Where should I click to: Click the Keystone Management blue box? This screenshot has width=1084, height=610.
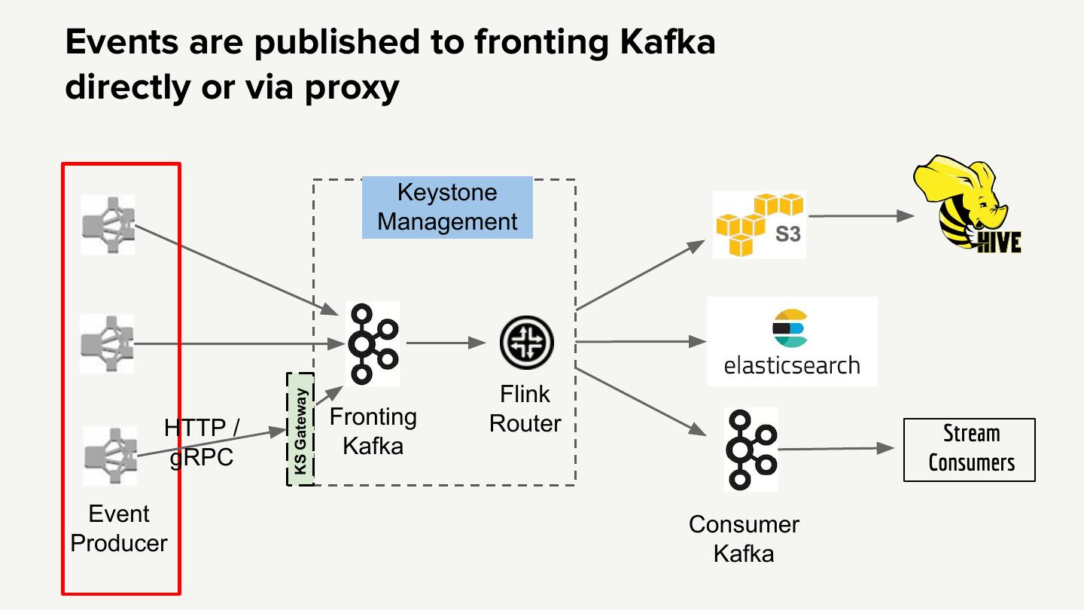[447, 207]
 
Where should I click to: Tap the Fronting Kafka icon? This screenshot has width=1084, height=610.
[373, 343]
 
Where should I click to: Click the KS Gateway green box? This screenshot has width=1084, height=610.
[300, 429]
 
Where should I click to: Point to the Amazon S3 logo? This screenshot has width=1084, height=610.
[759, 225]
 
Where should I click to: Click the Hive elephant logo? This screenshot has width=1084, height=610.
[968, 204]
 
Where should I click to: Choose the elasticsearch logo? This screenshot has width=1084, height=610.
[792, 341]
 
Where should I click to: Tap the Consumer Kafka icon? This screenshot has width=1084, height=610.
[751, 450]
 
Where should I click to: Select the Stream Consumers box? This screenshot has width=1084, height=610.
[970, 450]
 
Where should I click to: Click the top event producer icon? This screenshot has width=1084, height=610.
[108, 225]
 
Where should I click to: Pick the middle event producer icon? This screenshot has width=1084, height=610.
[107, 343]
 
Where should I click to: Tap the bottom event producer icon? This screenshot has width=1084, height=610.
[110, 456]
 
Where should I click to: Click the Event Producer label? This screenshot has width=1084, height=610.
[119, 528]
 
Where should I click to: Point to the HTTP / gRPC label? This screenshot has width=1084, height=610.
[201, 443]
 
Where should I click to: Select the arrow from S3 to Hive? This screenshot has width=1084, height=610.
[861, 215]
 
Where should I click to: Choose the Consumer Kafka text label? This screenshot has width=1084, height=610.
[744, 538]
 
